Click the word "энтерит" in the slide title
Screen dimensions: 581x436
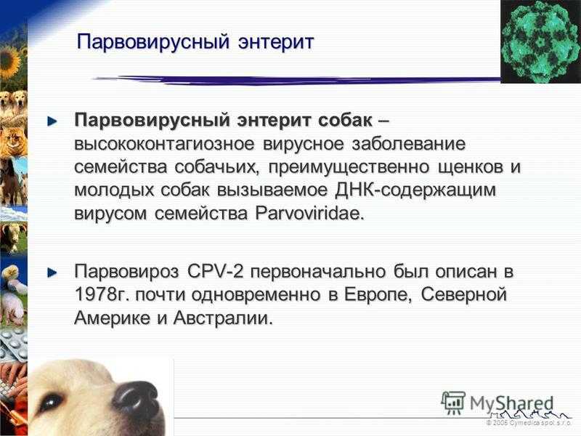[276, 41]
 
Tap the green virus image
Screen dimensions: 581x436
[540, 41]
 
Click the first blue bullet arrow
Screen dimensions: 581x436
[52, 121]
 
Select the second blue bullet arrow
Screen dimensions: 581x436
[52, 273]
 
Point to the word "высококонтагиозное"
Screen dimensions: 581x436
[165, 143]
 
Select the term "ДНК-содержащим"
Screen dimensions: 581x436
[415, 190]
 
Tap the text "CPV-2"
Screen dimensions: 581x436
[215, 271]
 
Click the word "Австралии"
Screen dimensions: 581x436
[223, 318]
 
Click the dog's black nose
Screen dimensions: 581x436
[136, 398]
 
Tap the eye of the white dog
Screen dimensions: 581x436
[51, 402]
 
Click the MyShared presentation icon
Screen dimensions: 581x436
[453, 403]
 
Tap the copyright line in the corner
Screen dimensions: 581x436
[529, 423]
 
